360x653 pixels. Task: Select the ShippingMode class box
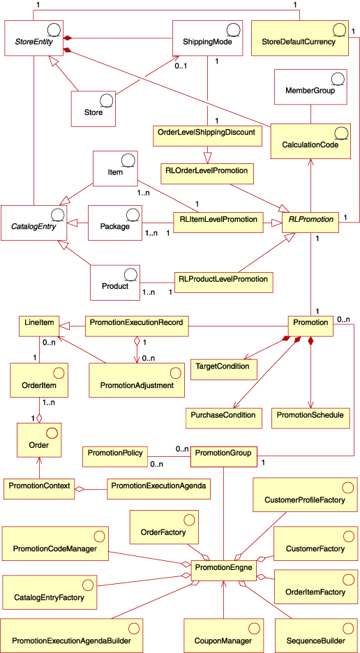pyautogui.click(x=207, y=39)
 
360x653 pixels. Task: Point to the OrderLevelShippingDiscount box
pyautogui.click(x=209, y=131)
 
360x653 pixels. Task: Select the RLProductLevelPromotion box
pyautogui.click(x=223, y=281)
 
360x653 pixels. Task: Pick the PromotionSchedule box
pyautogui.click(x=310, y=415)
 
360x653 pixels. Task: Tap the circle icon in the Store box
pyautogui.click(x=104, y=100)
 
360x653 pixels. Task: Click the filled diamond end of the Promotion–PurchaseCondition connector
pyautogui.click(x=297, y=340)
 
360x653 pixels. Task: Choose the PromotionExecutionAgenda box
pyautogui.click(x=158, y=485)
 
